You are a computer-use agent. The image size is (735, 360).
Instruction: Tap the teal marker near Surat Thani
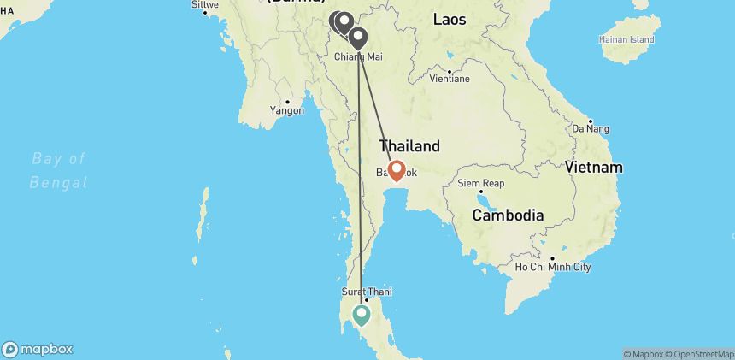[362, 316]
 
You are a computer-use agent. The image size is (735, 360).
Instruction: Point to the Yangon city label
[287, 110]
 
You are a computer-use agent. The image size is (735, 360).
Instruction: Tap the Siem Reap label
[482, 184]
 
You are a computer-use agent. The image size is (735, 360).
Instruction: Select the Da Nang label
[597, 128]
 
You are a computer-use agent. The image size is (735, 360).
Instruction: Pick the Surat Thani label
[367, 292]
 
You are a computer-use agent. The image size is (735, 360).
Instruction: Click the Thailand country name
[409, 146]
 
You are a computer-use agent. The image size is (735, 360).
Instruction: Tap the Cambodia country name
[509, 215]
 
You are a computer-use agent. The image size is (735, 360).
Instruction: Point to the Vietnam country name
[593, 167]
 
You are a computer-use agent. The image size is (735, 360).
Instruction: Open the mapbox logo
[38, 349]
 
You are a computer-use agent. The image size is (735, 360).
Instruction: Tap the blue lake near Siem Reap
[487, 203]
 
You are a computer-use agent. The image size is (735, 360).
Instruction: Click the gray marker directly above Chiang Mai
[357, 38]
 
